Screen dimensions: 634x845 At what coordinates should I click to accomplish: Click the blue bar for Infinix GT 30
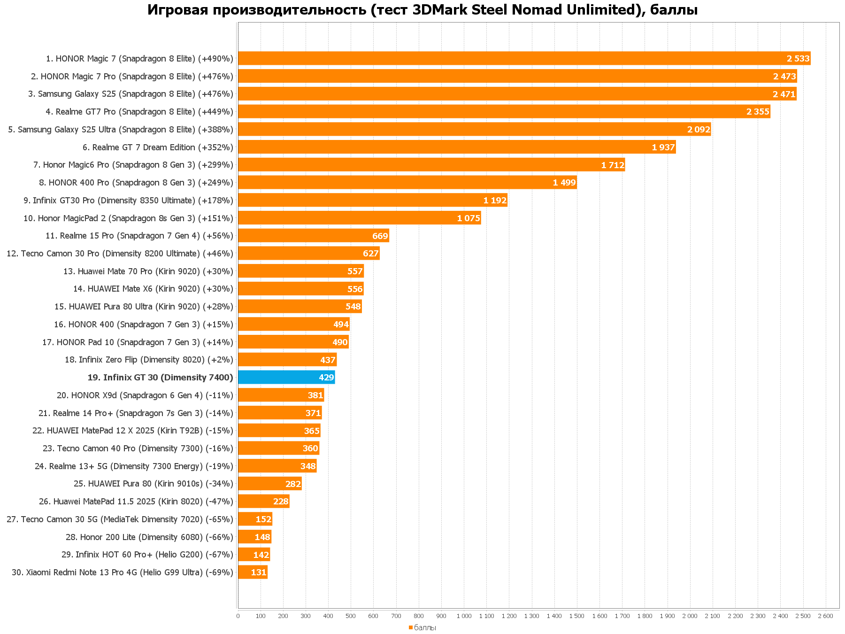[286, 377]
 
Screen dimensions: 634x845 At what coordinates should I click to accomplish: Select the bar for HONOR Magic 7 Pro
[516, 76]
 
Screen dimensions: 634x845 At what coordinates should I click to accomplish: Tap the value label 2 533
[798, 59]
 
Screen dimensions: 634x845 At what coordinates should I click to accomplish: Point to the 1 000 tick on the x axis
[464, 616]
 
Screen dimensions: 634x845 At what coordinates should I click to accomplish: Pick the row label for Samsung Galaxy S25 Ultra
[121, 130]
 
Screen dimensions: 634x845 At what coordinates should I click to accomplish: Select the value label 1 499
[564, 183]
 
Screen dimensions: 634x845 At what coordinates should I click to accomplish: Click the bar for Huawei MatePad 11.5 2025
[263, 502]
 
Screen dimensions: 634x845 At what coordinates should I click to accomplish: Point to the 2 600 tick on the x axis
[825, 616]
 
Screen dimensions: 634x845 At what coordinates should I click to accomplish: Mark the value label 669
[380, 236]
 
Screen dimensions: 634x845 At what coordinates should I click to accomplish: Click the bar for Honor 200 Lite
[254, 537]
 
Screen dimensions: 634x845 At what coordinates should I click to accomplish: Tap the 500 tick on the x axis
[351, 616]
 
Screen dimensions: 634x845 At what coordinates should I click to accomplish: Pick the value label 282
[293, 484]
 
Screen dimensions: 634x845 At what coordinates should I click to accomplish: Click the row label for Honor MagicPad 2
[128, 218]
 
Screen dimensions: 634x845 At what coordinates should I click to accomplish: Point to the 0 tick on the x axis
[238, 616]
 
